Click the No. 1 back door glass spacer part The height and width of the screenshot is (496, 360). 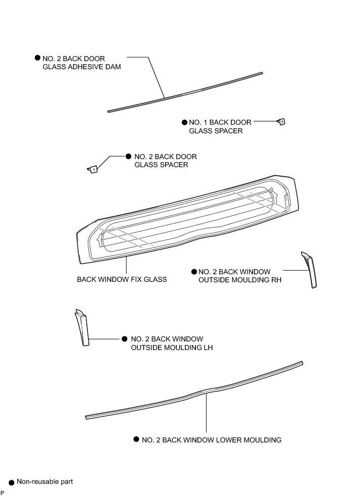(x=282, y=121)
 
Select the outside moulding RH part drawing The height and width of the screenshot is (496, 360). (x=310, y=270)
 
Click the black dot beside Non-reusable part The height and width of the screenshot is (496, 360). (x=11, y=483)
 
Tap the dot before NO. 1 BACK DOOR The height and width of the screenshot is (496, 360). (x=185, y=122)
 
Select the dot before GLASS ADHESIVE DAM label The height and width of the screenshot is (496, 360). (x=37, y=58)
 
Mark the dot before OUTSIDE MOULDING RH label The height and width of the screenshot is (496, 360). (x=194, y=272)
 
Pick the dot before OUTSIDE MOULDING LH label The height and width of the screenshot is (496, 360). (x=125, y=338)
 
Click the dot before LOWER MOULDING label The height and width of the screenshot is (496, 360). (x=136, y=439)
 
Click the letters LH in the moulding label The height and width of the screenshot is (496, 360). (x=207, y=348)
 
